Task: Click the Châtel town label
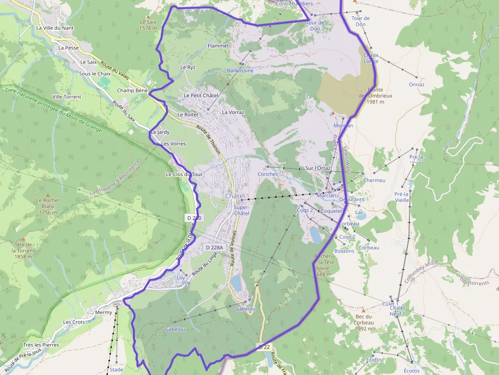(x=235, y=196)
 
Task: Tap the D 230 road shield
(x=194, y=218)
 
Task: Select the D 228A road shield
(x=214, y=247)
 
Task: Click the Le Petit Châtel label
(x=201, y=95)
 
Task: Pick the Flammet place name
(x=218, y=46)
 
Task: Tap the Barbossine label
(x=240, y=71)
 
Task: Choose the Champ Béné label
(x=132, y=91)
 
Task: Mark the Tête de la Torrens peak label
(x=24, y=250)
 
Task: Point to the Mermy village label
(x=103, y=312)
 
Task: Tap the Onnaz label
(x=417, y=84)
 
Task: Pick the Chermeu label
(x=375, y=180)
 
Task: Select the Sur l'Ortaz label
(x=318, y=168)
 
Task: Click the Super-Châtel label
(x=242, y=210)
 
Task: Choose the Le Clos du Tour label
(x=184, y=174)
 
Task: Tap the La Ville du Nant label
(x=55, y=28)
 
